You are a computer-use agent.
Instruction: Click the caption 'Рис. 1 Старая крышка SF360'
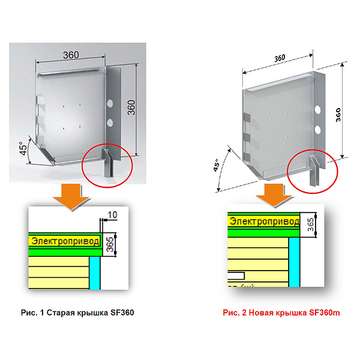pyautogui.click(x=77, y=313)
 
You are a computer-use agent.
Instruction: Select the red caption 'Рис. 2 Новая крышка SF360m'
pyautogui.click(x=281, y=313)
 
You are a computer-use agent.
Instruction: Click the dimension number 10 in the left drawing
pyautogui.click(x=112, y=215)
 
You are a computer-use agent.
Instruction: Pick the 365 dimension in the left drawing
pyautogui.click(x=110, y=244)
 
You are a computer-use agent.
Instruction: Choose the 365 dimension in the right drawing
pyautogui.click(x=310, y=224)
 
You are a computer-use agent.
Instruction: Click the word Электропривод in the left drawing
pyautogui.click(x=65, y=241)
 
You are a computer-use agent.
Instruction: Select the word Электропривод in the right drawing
pyautogui.click(x=265, y=221)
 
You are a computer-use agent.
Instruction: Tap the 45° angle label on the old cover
pyautogui.click(x=23, y=148)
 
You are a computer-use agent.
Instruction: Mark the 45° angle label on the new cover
pyautogui.click(x=216, y=165)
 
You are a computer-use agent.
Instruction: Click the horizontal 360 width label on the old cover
pyautogui.click(x=71, y=55)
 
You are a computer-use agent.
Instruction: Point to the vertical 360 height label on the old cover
pyautogui.click(x=131, y=107)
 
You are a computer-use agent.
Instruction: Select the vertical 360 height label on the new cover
pyautogui.click(x=338, y=115)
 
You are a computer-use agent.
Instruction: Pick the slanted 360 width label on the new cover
pyautogui.click(x=280, y=58)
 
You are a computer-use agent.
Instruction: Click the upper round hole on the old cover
pyautogui.click(x=110, y=103)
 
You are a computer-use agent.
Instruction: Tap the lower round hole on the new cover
pyautogui.click(x=318, y=130)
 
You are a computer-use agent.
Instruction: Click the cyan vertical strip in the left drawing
pyautogui.click(x=95, y=273)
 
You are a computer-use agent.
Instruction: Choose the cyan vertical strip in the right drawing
pyautogui.click(x=295, y=262)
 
